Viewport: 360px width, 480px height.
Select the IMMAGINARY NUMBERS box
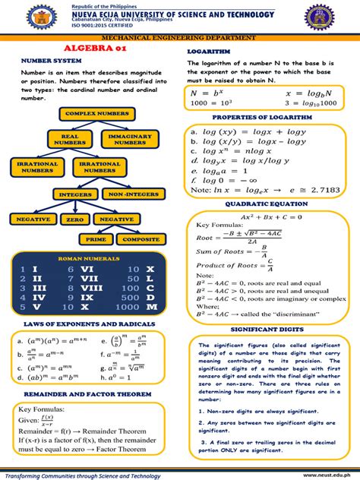[x=130, y=140]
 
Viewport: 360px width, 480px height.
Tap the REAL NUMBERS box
[x=69, y=140]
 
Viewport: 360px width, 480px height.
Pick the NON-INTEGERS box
[x=134, y=195]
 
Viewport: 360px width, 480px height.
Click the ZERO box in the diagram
[x=74, y=219]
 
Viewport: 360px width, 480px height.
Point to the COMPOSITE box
[x=141, y=239]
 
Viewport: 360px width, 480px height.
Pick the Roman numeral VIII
[x=90, y=288]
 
